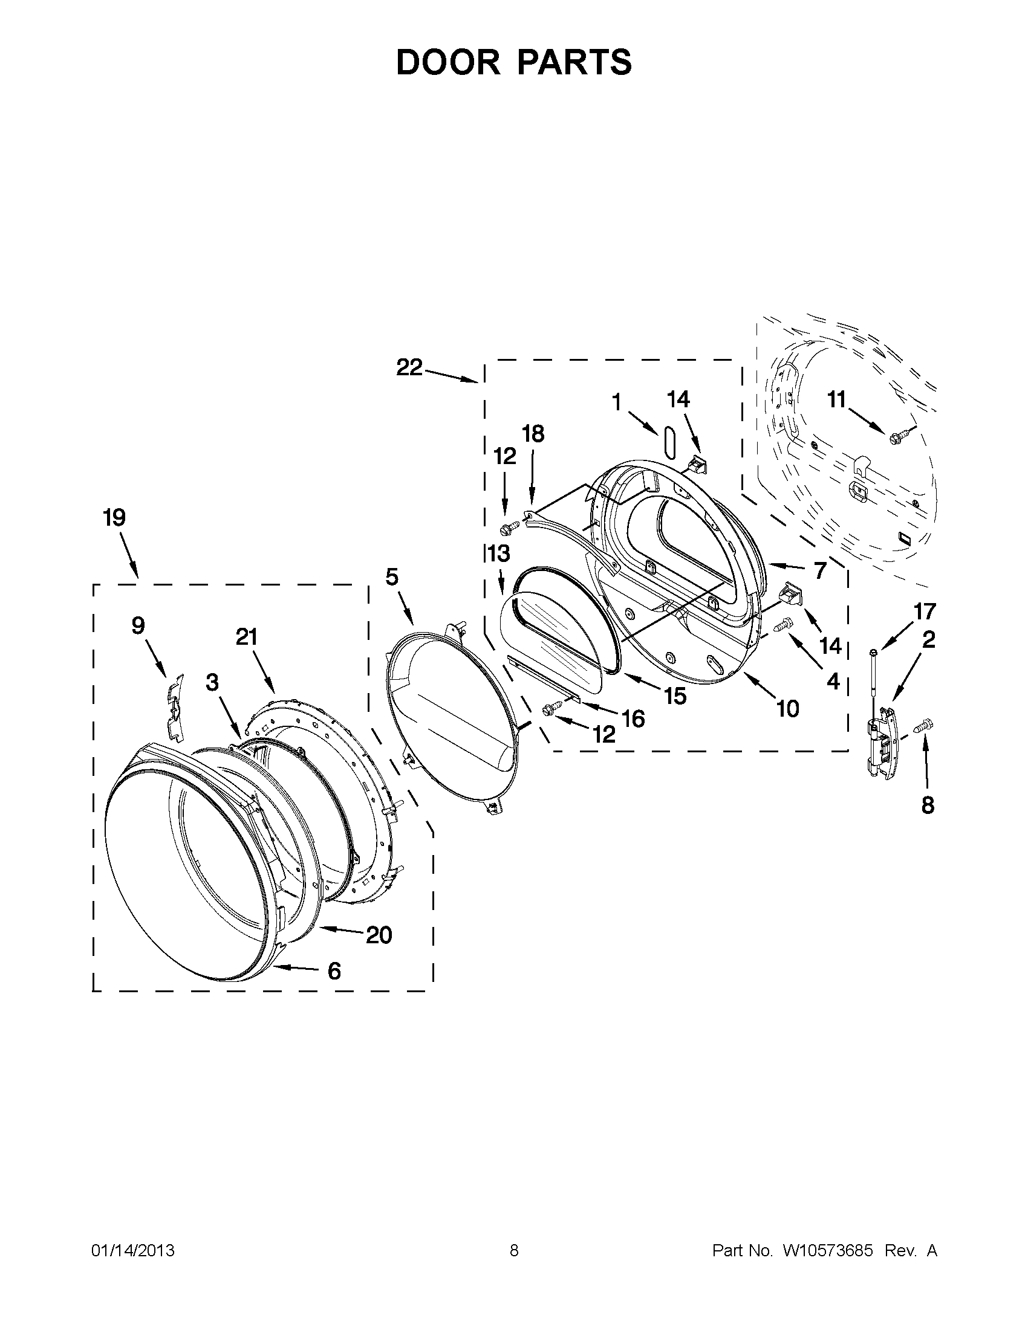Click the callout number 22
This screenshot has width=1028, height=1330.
coord(409,367)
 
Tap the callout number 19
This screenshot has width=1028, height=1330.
coord(114,518)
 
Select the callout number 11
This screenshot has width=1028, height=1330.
coord(836,400)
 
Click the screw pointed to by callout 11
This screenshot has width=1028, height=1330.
coord(898,436)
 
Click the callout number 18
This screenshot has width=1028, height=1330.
coord(533,434)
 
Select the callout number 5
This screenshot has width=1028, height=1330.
coord(392,576)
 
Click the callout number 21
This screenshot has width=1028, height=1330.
coord(247,637)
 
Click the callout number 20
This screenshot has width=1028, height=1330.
coord(379,935)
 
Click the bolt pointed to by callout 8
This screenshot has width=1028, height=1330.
coord(924,726)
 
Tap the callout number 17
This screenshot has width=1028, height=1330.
coord(925,611)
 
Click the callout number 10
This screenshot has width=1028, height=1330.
coord(787,708)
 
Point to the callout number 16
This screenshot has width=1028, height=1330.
coord(634,719)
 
